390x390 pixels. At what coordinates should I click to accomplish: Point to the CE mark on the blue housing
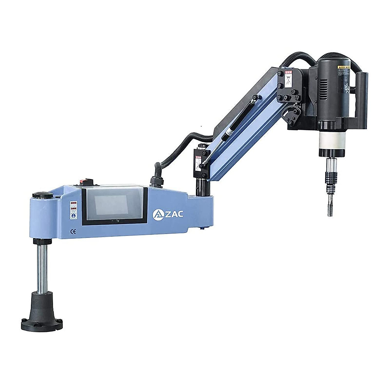73,231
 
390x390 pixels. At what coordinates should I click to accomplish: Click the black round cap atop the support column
42,195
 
